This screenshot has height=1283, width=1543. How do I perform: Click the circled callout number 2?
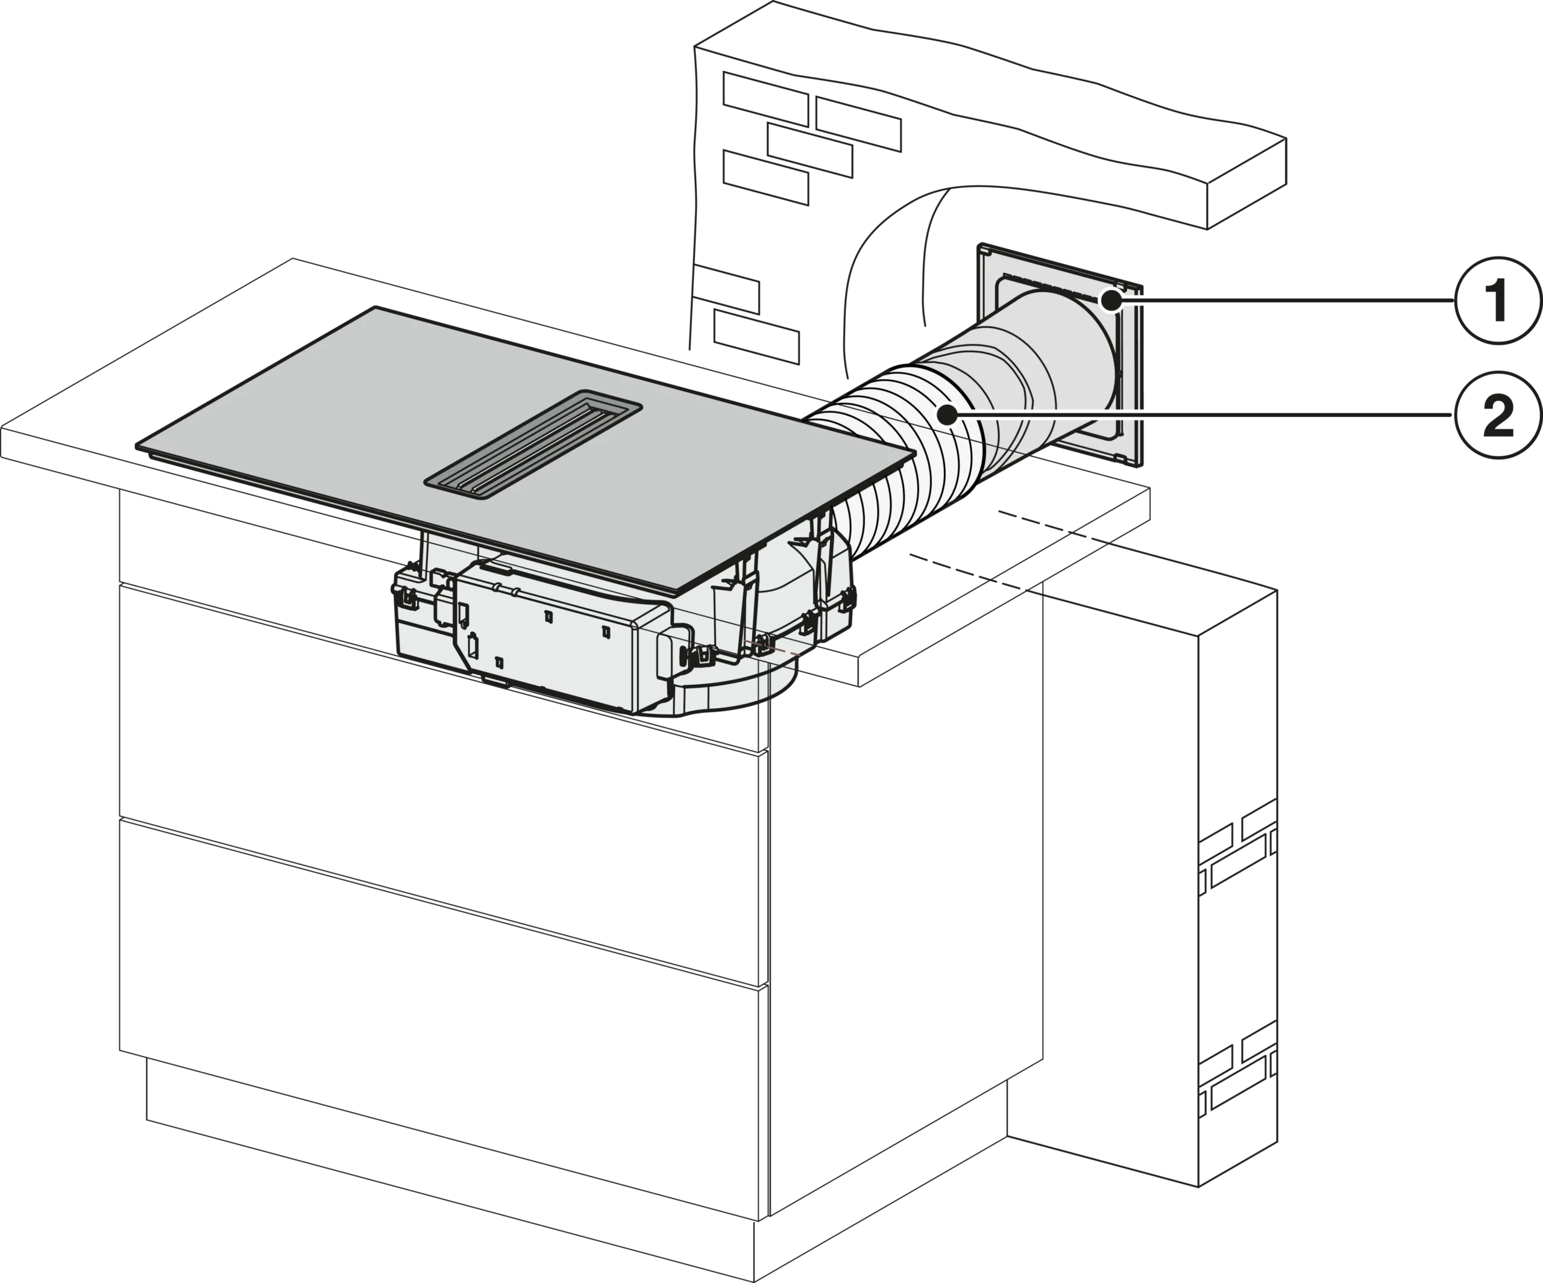1497,415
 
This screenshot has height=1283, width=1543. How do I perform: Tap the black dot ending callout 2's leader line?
949,416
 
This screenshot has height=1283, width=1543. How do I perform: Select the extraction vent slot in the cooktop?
533,445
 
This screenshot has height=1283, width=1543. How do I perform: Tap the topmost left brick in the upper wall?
765,99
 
